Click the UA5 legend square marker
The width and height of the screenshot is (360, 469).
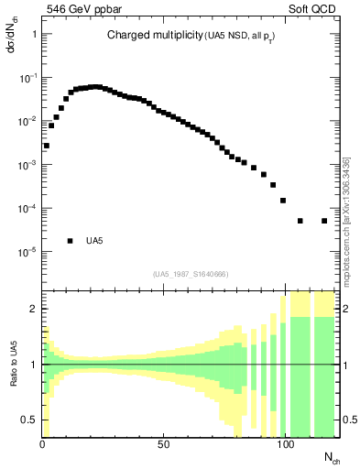click(x=70, y=241)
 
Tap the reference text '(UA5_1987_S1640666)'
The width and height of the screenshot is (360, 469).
click(x=191, y=274)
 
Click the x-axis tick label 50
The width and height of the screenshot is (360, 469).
click(x=163, y=444)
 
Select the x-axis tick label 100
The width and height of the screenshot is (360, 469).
click(x=286, y=444)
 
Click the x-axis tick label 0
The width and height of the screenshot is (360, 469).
click(x=42, y=444)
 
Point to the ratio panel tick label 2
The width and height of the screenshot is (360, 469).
click(x=34, y=309)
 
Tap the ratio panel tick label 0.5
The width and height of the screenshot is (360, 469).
click(x=29, y=420)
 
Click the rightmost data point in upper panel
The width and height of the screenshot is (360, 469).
click(x=324, y=221)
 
